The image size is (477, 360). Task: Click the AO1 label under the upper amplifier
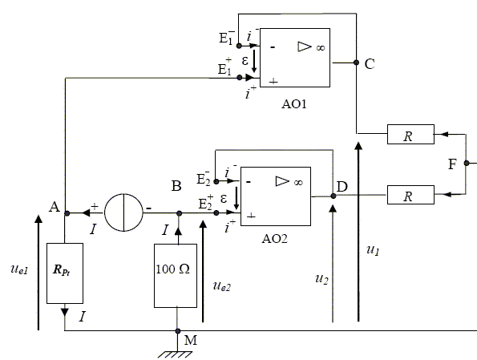click(x=294, y=104)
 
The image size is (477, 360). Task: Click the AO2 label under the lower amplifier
click(x=274, y=239)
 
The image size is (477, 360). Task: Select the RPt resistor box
click(x=65, y=273)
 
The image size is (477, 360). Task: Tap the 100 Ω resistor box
click(x=176, y=276)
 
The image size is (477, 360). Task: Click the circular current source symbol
click(x=123, y=212)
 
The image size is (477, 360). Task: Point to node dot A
click(x=67, y=213)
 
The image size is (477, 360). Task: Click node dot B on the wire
click(x=180, y=213)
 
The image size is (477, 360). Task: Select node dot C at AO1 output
click(x=356, y=63)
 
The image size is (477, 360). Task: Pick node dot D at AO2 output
click(x=333, y=196)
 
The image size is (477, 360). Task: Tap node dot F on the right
click(x=467, y=163)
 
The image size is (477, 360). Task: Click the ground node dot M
click(x=178, y=331)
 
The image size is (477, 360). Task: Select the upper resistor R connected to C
click(x=410, y=134)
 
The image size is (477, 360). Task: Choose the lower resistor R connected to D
click(x=410, y=195)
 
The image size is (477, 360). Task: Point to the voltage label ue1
click(x=19, y=269)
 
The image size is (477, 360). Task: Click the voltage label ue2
click(x=222, y=286)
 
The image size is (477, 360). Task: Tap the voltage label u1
click(x=373, y=250)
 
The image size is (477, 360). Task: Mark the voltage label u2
click(x=321, y=279)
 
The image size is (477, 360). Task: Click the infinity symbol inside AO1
click(x=321, y=48)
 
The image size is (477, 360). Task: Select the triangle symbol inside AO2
click(x=282, y=181)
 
